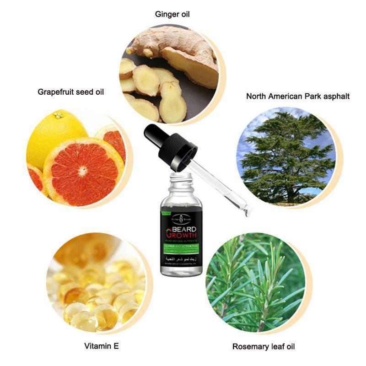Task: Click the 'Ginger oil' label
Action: point(172,14)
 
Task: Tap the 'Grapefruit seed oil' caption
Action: point(70,92)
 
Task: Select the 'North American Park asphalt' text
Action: point(298,96)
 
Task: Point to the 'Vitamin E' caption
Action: point(102,346)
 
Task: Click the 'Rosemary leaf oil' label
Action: point(264,346)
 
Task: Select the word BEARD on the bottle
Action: point(182,231)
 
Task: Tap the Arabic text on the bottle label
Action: point(182,259)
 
